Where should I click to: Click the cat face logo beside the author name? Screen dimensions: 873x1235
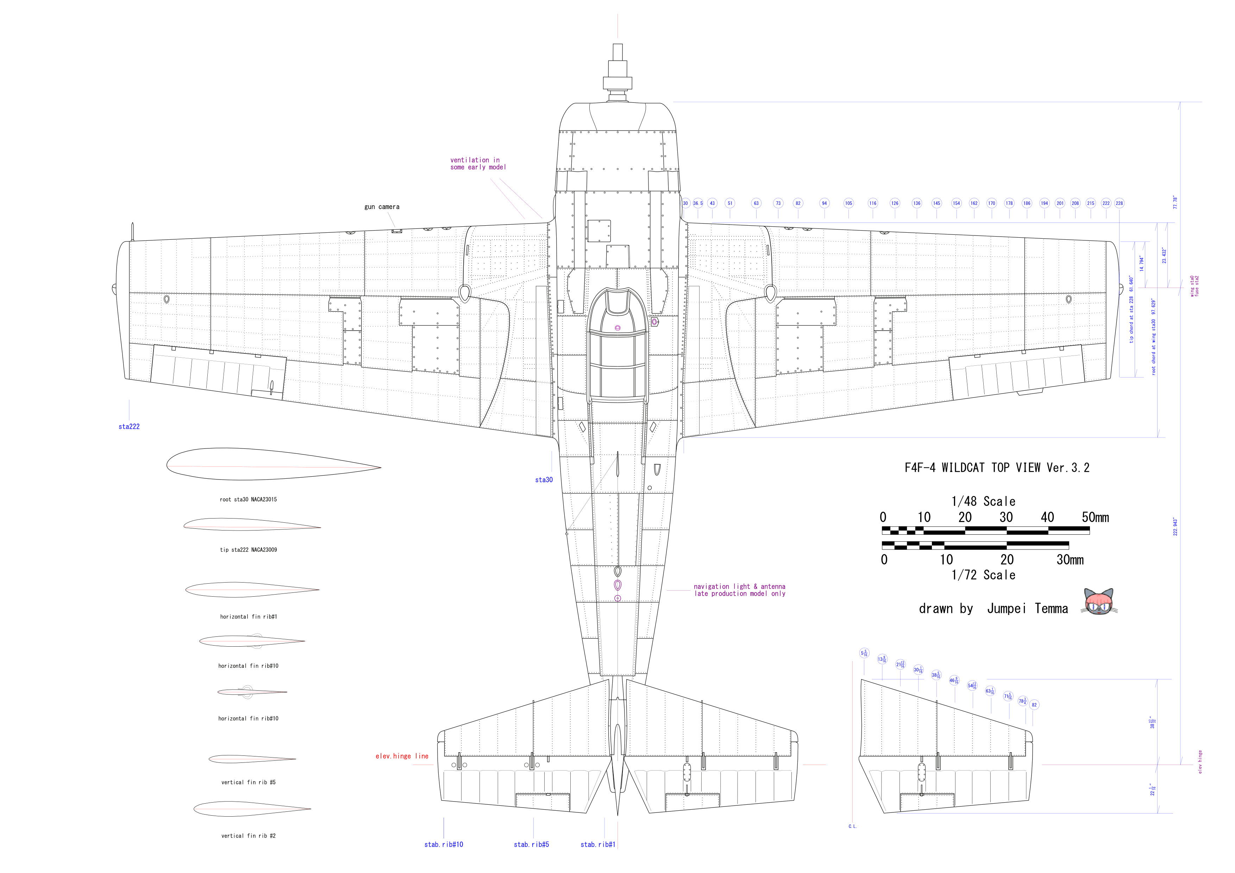click(1098, 602)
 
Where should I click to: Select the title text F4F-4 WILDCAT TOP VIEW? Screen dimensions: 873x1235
click(996, 468)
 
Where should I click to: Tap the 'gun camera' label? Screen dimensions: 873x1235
click(382, 207)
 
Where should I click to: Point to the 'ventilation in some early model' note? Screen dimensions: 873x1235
click(478, 164)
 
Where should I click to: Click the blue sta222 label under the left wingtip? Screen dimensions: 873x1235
click(129, 427)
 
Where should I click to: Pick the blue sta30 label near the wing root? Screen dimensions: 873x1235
click(544, 480)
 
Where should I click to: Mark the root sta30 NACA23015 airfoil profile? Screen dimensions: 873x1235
click(273, 464)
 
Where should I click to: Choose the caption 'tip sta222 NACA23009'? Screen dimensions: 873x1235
click(249, 550)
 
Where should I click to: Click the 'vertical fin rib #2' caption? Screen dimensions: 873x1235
click(249, 836)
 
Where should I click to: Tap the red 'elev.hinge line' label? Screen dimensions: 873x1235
click(402, 756)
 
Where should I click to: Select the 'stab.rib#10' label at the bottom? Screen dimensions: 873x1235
click(444, 844)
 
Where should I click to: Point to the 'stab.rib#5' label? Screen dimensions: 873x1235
click(532, 844)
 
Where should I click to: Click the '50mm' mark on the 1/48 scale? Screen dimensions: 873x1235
click(1095, 517)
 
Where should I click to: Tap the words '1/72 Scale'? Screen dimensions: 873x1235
click(983, 575)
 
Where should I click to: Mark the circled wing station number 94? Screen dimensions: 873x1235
click(824, 203)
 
